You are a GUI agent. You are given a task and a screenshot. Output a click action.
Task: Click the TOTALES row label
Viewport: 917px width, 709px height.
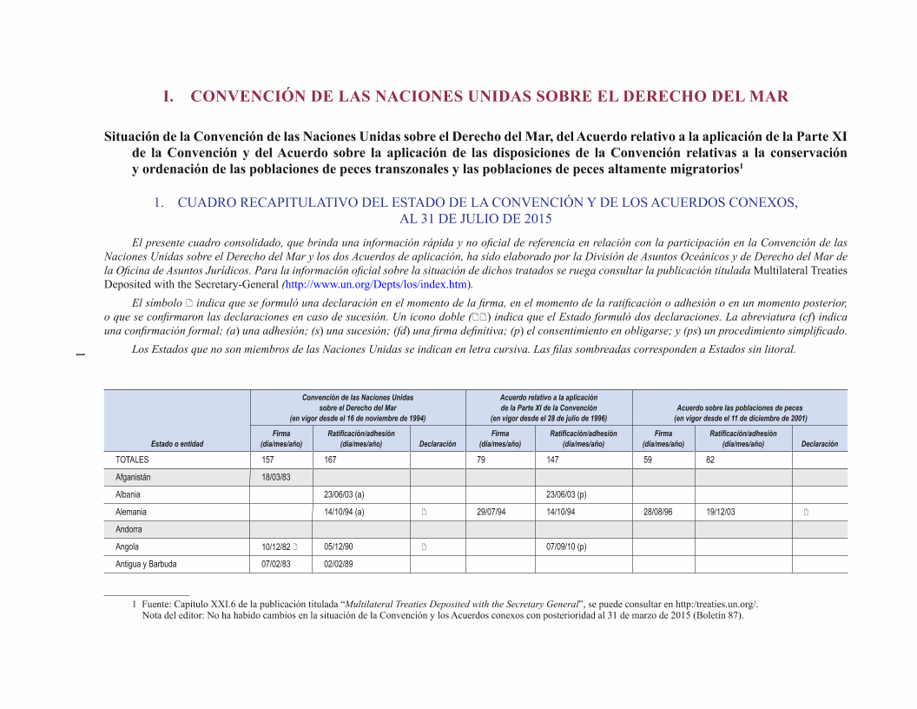coord(132,460)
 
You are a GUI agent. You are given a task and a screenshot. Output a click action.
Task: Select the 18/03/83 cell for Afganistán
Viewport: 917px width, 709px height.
coord(276,477)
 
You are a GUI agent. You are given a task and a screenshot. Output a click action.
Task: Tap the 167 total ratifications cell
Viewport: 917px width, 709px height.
coord(330,460)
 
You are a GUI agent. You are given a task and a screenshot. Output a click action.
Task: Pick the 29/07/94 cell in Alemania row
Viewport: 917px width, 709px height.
coord(491,512)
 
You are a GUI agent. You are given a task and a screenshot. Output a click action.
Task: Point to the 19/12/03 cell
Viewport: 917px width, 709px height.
coord(721,512)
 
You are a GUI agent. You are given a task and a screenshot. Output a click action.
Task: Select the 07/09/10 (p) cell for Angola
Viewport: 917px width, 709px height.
coord(566,547)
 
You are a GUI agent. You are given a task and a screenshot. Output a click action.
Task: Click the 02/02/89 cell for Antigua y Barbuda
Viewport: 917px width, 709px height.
coord(338,564)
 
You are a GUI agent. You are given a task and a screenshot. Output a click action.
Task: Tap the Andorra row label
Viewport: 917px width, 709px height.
coord(129,529)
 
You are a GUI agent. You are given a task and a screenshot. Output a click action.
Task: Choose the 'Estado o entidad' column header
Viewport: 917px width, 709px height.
coord(177,444)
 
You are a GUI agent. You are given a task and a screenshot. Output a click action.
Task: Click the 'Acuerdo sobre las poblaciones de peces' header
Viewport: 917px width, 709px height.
coord(740,408)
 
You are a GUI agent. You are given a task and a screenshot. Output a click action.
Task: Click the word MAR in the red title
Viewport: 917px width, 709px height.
coord(770,96)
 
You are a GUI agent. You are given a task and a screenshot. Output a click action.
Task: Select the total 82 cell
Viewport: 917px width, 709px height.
coord(710,460)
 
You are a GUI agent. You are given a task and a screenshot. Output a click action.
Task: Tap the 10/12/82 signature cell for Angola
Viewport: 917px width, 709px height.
coord(276,547)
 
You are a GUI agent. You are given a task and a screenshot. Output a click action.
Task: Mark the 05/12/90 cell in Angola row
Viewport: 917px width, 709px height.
coord(338,547)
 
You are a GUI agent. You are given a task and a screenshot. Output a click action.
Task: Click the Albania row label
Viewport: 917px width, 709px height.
coord(128,494)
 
